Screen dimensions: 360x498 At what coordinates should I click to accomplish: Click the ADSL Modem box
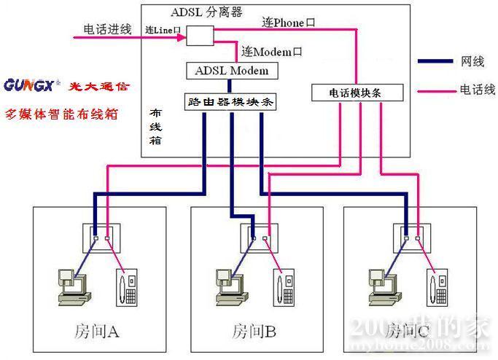(x=232, y=71)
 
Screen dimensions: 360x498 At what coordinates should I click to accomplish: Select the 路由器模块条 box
(x=230, y=103)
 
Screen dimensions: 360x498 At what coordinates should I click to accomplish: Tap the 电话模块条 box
(x=357, y=93)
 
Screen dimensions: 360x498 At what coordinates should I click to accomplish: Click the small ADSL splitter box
(x=200, y=34)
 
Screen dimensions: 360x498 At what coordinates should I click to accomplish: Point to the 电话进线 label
(x=107, y=30)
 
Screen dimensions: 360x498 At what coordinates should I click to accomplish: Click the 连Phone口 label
(x=289, y=23)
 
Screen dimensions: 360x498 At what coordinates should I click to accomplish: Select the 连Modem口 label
(x=272, y=52)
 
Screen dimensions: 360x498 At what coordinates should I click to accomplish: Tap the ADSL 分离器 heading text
(x=207, y=12)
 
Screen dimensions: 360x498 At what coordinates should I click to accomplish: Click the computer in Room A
(x=72, y=286)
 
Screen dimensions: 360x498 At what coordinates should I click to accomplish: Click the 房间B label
(x=253, y=332)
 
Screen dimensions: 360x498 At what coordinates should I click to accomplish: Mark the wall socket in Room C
(x=412, y=235)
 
